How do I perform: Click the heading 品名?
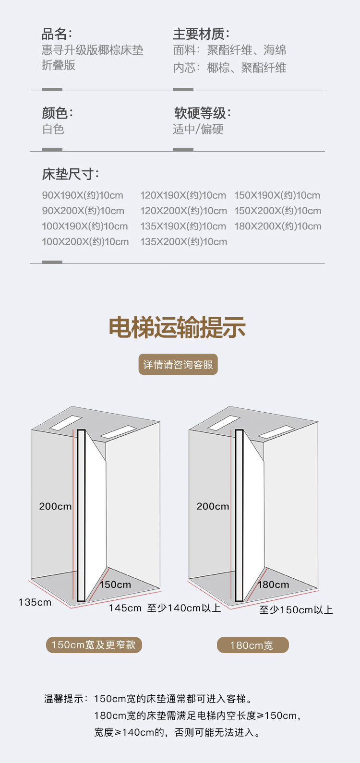pos(56,34)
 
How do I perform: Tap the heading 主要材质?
pos(201,34)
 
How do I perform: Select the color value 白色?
pos(53,129)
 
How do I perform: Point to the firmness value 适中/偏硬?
pos(198,129)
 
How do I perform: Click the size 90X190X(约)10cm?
pos(83,195)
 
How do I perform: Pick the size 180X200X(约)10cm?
pos(277,226)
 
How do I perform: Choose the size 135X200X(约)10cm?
pos(183,241)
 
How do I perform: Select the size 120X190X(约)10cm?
pos(183,195)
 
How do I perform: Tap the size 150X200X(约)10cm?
pos(277,211)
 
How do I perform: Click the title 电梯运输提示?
pos(178,328)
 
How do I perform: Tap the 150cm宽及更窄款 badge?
pos(94,645)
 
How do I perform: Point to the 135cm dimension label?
pos(35,602)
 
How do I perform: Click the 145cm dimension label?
pos(125,608)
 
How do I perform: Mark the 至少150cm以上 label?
pos(296,610)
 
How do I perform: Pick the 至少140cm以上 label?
pos(184,608)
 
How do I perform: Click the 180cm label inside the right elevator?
pos(274,584)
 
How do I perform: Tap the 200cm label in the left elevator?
pos(55,506)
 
